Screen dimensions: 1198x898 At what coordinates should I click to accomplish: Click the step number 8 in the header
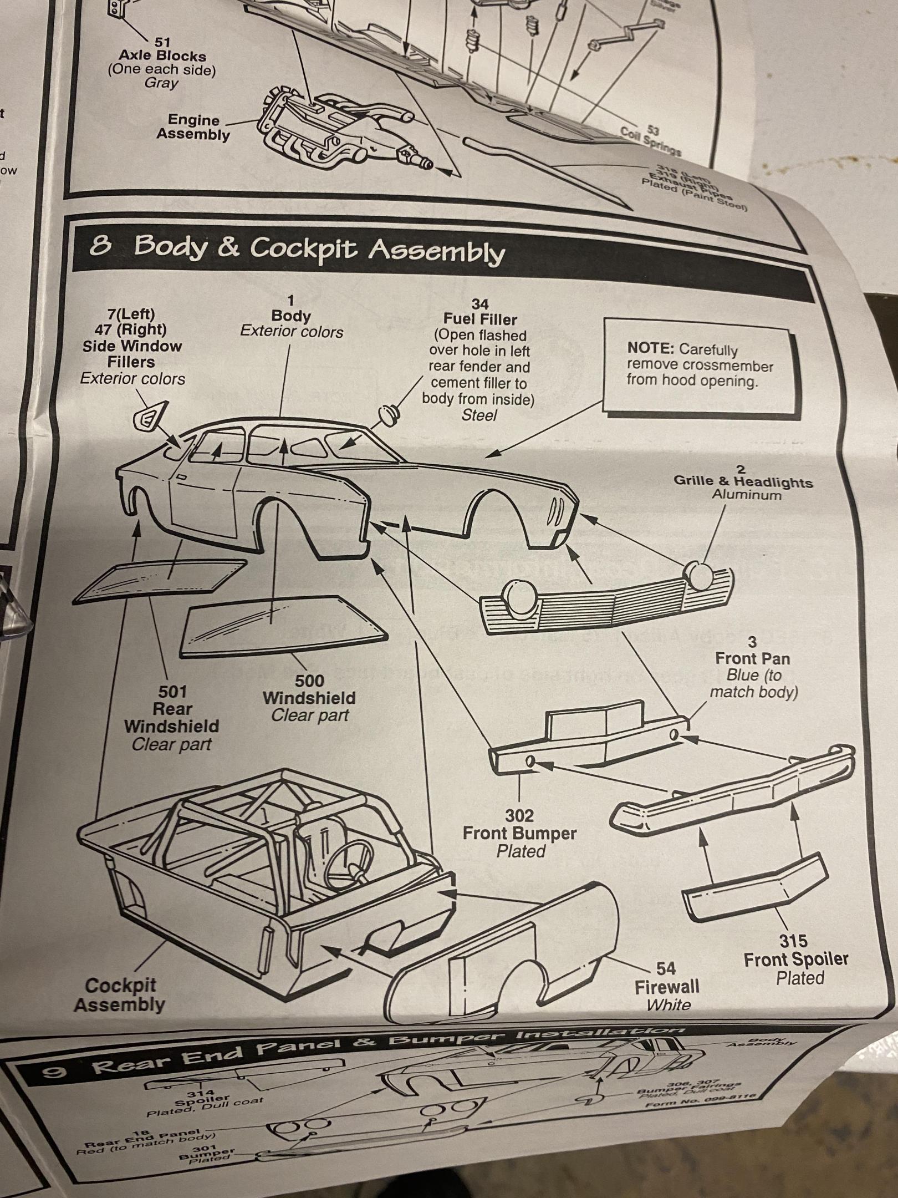100,245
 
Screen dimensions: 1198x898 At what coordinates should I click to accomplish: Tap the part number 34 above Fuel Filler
480,304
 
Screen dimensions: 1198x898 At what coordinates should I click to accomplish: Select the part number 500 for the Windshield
309,681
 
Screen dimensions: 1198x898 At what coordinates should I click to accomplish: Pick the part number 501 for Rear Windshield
172,692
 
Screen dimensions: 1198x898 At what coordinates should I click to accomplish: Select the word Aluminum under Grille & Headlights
747,495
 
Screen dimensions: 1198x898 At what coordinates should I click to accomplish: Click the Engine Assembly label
193,127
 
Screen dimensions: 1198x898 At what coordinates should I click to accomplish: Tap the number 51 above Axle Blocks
162,42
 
